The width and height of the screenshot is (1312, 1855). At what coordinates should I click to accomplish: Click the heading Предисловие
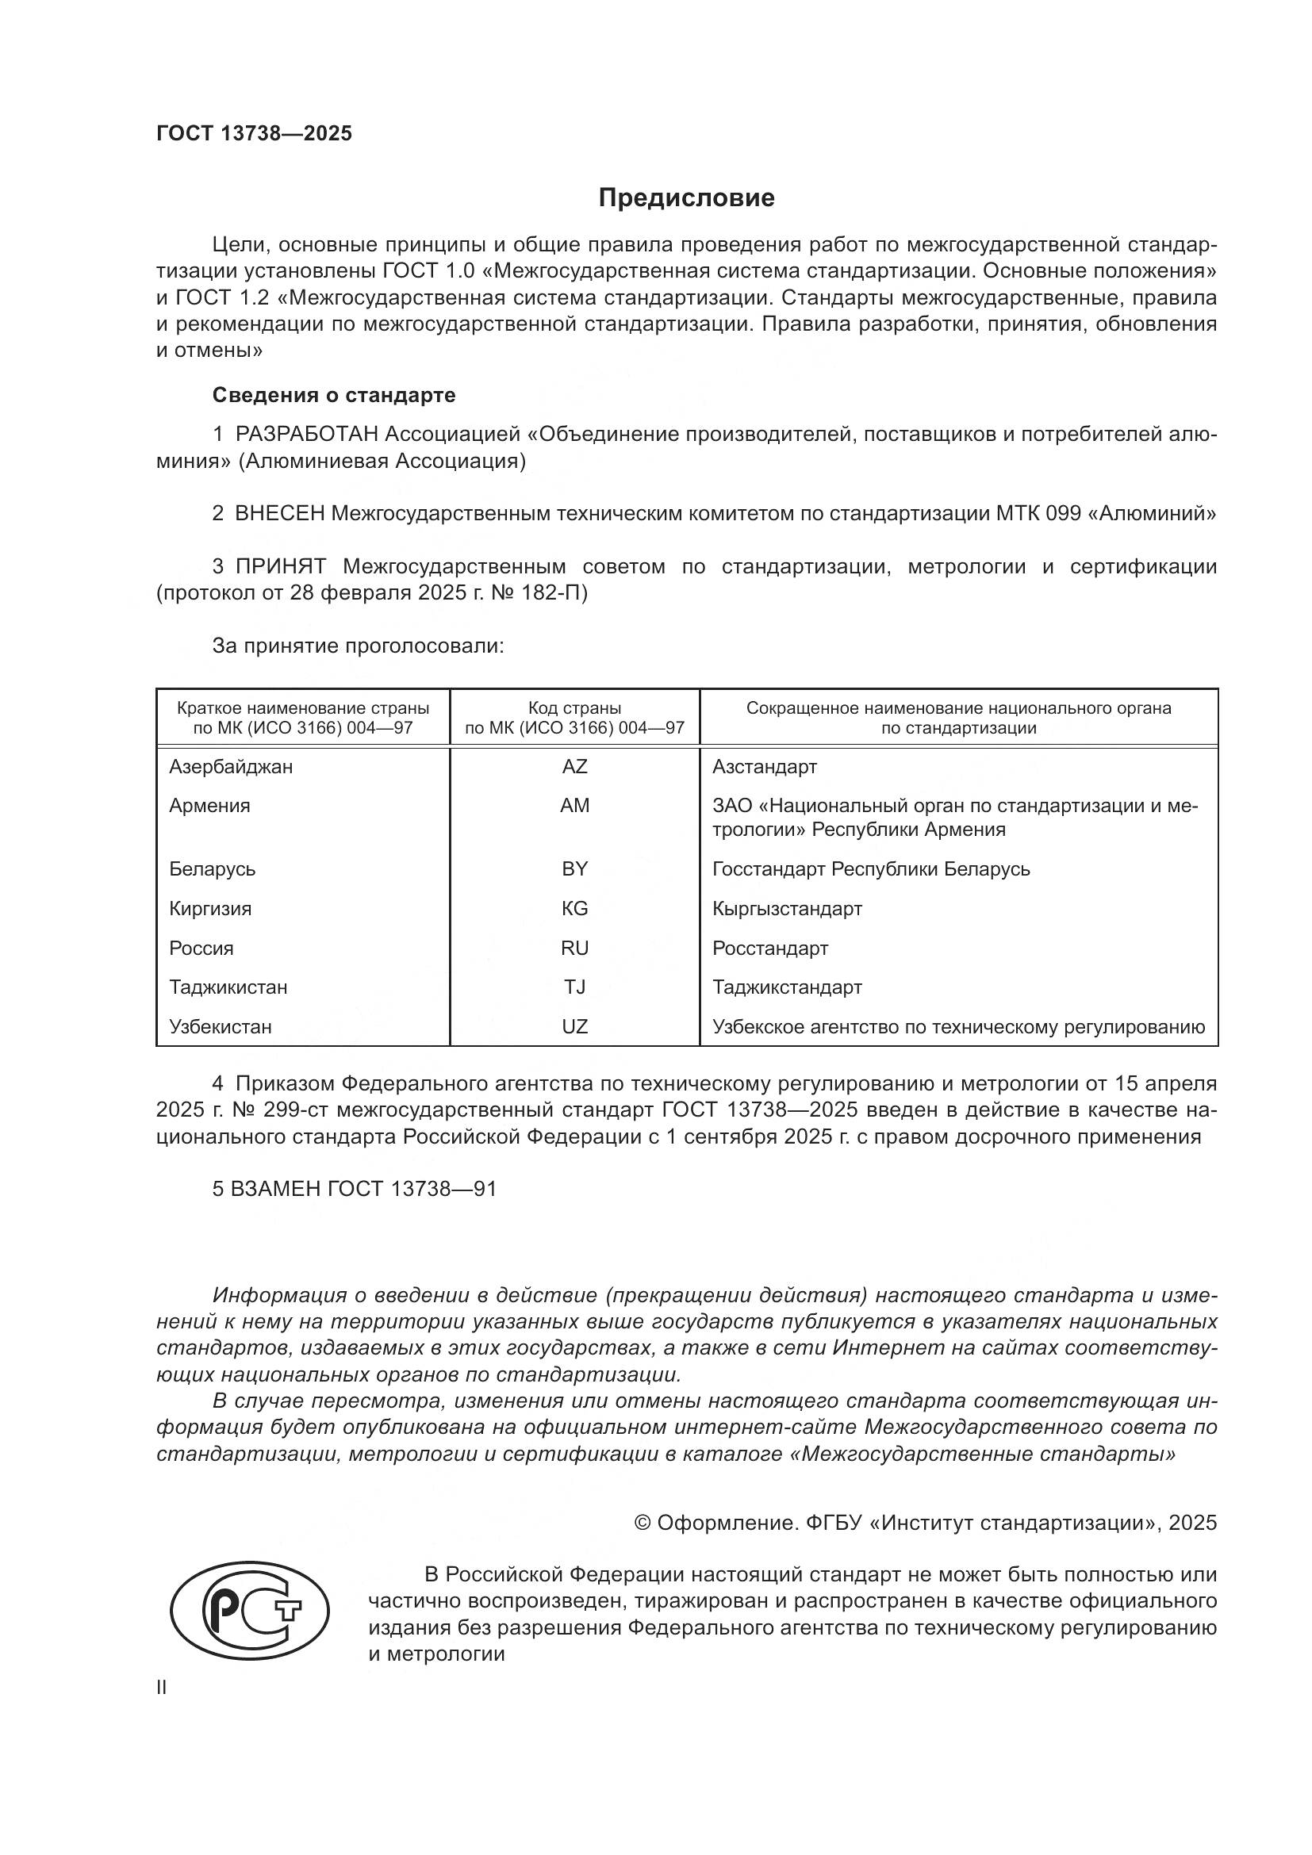[x=687, y=198]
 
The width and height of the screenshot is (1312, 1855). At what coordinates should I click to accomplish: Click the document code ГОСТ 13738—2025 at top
[x=255, y=134]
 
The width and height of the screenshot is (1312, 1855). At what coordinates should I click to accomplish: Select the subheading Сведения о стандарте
[x=334, y=395]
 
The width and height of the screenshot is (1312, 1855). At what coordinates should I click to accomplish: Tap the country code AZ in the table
[x=574, y=766]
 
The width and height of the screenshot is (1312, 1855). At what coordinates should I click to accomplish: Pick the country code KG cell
[x=574, y=908]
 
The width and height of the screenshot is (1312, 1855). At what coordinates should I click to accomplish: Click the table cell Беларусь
[x=212, y=868]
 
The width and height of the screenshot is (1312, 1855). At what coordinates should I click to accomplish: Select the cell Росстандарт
[x=770, y=948]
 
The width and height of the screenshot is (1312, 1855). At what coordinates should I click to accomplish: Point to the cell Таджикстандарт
[x=787, y=987]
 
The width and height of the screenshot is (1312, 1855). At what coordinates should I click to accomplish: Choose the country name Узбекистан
[x=220, y=1026]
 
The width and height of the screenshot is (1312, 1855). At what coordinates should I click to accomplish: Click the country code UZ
[x=574, y=1026]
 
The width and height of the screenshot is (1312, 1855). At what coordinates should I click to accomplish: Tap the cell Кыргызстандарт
[x=787, y=908]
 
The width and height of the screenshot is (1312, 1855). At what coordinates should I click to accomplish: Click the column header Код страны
[x=574, y=708]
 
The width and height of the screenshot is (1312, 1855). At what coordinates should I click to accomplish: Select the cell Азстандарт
[x=764, y=766]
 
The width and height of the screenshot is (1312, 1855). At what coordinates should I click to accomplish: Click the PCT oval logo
[x=250, y=1610]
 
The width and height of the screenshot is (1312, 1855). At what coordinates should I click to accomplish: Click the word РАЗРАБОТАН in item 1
[x=306, y=435]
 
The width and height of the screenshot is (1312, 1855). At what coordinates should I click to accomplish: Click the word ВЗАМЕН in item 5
[x=275, y=1189]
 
